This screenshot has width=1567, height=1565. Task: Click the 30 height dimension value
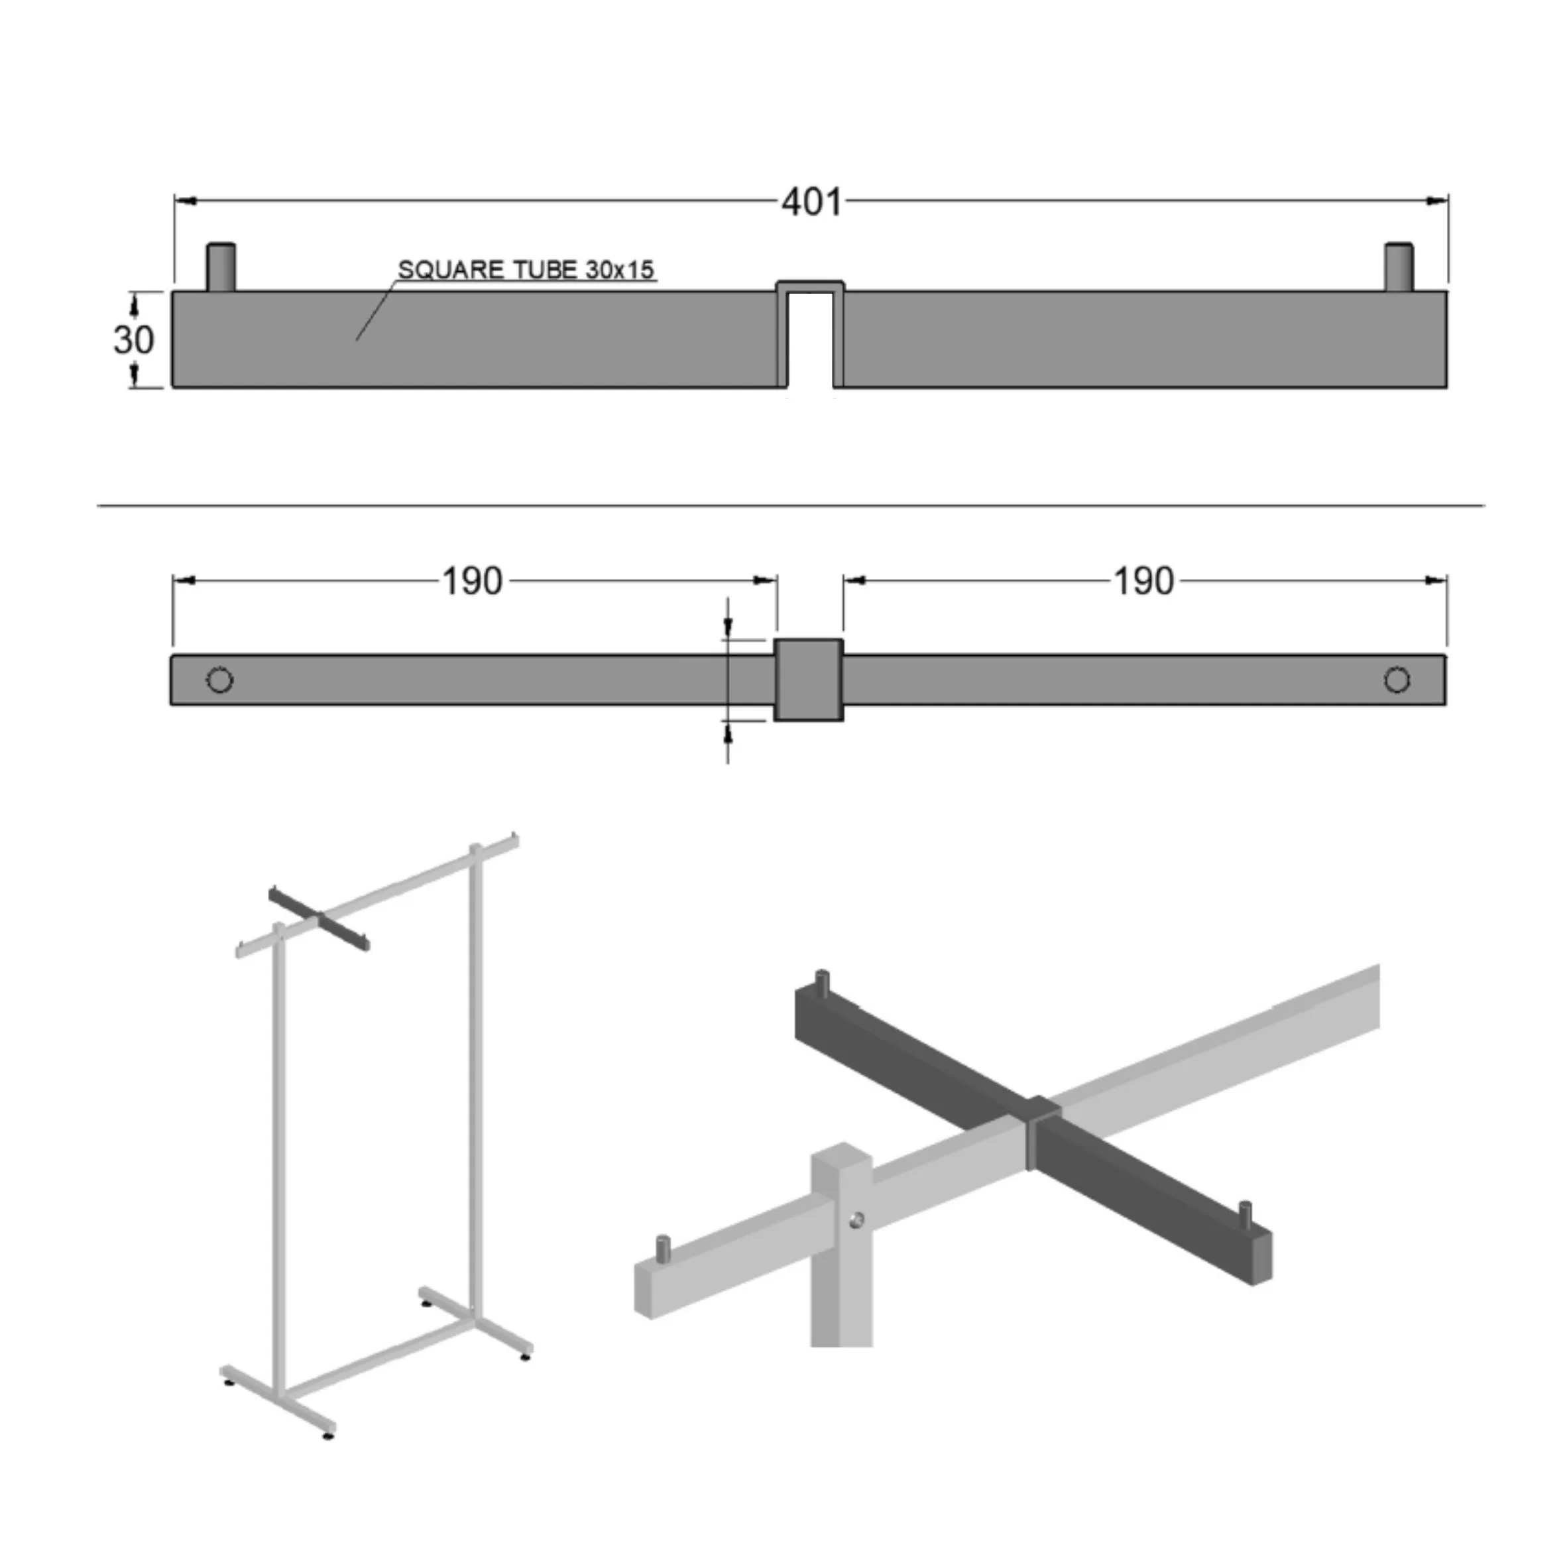(x=134, y=340)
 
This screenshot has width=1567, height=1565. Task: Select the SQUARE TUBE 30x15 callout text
(x=526, y=269)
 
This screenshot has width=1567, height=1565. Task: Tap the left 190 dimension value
(x=471, y=582)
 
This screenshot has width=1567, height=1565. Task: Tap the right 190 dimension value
(x=1143, y=582)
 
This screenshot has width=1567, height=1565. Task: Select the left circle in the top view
(x=220, y=680)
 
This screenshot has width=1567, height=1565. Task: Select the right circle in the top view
(x=1397, y=680)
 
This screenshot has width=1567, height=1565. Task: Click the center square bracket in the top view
(x=809, y=680)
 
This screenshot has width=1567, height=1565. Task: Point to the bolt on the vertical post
(x=856, y=1220)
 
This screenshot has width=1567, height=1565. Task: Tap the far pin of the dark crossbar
(x=822, y=983)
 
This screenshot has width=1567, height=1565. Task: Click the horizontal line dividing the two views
(x=791, y=505)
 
